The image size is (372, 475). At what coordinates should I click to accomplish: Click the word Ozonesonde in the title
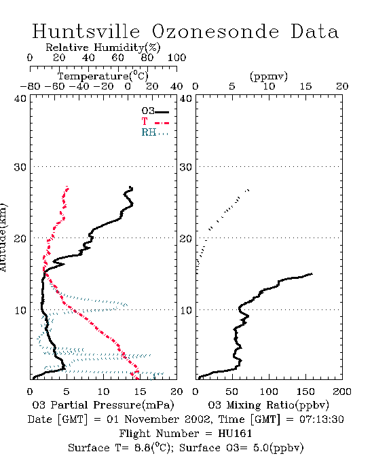215,32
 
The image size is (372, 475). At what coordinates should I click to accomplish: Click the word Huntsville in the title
86,31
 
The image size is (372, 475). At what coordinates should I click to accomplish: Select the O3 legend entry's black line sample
162,112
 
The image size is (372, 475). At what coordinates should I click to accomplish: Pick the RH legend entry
155,132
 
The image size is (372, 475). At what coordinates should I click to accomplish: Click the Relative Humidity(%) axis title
103,47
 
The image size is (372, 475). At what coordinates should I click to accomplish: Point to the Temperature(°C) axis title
103,76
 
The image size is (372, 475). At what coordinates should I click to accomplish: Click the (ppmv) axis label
269,76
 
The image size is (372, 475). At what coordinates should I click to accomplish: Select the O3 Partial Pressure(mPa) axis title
103,405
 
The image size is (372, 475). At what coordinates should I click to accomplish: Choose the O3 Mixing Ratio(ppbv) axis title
268,405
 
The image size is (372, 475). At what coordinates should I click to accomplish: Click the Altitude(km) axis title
3,238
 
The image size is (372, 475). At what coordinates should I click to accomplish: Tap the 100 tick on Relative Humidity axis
176,57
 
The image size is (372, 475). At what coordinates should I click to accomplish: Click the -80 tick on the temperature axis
30,86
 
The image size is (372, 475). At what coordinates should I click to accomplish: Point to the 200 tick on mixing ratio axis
342,392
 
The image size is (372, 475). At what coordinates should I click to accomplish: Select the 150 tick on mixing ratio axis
305,392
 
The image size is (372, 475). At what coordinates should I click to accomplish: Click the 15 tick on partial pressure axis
140,392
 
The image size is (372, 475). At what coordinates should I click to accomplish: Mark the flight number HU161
235,434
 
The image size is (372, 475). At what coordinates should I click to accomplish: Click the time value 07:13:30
322,419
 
